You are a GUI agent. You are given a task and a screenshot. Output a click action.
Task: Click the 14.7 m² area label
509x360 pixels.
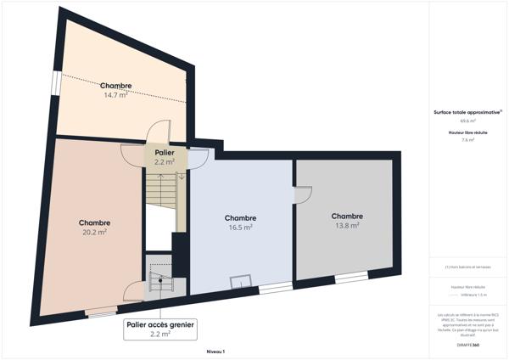(x=115, y=96)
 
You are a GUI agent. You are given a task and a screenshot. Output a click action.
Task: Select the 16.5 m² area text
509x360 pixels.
(x=241, y=227)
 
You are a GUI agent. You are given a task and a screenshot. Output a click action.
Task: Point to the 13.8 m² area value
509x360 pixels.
(x=347, y=225)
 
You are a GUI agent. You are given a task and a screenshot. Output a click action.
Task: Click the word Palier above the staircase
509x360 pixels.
(x=165, y=152)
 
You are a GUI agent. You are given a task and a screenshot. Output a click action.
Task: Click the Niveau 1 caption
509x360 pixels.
(x=215, y=351)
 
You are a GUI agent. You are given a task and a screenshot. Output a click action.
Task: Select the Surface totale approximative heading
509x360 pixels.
(x=467, y=112)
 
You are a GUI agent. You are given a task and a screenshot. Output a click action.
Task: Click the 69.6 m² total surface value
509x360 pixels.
(x=467, y=121)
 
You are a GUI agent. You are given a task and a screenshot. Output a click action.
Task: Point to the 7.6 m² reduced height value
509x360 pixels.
(x=467, y=140)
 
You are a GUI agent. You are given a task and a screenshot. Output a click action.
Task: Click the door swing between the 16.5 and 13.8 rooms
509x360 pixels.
(x=302, y=195)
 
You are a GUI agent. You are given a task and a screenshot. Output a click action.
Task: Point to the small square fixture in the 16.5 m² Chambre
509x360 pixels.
(x=243, y=280)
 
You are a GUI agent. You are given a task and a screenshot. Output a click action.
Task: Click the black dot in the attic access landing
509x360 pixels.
(x=159, y=280)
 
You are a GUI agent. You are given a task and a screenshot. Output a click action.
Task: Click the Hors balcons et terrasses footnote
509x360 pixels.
(x=468, y=267)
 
